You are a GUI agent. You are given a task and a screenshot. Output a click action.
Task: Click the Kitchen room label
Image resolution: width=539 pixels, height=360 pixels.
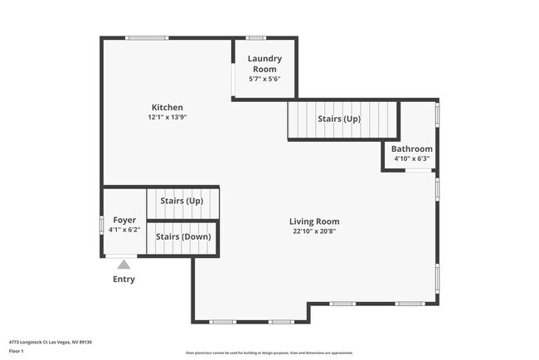pos(167,107)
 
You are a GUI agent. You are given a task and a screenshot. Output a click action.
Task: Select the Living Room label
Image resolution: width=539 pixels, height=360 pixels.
pos(314,221)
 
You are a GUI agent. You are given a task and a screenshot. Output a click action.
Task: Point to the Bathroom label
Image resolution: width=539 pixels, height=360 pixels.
pos(411,149)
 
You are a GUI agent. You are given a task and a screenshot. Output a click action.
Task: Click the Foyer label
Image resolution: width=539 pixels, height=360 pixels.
pos(124,220)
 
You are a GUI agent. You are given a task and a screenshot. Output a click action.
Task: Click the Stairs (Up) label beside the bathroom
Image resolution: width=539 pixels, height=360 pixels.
pos(339,119)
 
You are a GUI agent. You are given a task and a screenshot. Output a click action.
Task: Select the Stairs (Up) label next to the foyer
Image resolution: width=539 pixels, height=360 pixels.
pos(182,202)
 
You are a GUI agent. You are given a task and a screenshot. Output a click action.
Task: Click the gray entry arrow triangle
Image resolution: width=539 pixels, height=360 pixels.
pos(124,265)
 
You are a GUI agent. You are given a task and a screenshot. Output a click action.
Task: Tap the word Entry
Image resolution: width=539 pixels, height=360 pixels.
pos(124,280)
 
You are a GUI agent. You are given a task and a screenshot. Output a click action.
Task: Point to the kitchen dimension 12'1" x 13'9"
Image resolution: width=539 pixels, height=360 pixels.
pos(167,118)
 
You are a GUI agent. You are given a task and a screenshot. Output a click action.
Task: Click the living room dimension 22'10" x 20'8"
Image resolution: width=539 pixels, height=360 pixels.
pos(314,232)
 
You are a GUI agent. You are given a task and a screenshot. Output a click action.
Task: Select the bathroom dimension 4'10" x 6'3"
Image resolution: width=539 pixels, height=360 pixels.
pos(411,158)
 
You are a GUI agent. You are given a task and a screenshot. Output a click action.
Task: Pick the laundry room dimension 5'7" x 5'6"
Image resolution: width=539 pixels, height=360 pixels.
pos(265,79)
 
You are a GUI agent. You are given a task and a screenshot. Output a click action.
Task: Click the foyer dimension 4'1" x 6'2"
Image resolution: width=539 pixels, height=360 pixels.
pos(124,230)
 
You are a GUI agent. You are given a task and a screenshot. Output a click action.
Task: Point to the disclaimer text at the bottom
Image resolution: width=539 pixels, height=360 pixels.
pos(269,353)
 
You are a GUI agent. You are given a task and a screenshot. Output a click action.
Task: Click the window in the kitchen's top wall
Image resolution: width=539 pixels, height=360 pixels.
pos(147,37)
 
